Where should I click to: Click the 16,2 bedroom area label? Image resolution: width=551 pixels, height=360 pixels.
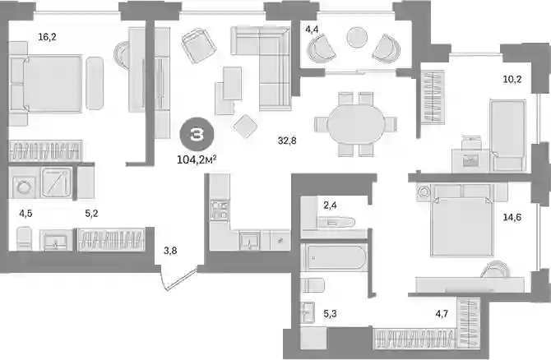[47, 36]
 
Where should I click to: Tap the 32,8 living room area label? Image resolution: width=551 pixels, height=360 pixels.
[287, 141]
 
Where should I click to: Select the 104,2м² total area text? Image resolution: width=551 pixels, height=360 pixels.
[197, 159]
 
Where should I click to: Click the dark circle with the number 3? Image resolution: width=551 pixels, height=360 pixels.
[197, 135]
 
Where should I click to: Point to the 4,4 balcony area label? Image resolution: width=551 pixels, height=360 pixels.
[312, 29]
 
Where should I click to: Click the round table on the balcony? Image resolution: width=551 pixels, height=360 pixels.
[357, 37]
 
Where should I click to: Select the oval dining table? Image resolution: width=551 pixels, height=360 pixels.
[355, 123]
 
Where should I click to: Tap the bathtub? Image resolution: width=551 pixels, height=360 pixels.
[334, 257]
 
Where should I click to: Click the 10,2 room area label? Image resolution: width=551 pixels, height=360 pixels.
[512, 80]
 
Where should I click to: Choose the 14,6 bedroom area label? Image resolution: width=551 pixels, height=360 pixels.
[512, 218]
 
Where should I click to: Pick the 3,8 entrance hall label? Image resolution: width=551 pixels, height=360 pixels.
[170, 251]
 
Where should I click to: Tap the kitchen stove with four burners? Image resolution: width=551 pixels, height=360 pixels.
[220, 210]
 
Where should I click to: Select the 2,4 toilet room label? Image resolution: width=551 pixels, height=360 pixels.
[330, 205]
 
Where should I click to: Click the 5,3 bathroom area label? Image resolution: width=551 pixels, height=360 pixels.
[330, 313]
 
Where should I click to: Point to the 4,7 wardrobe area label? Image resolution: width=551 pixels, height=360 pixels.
[442, 313]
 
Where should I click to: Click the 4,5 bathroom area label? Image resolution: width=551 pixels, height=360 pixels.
[25, 214]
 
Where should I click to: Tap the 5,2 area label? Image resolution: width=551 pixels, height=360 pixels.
[92, 214]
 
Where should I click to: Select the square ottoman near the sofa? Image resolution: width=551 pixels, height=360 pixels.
[245, 126]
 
